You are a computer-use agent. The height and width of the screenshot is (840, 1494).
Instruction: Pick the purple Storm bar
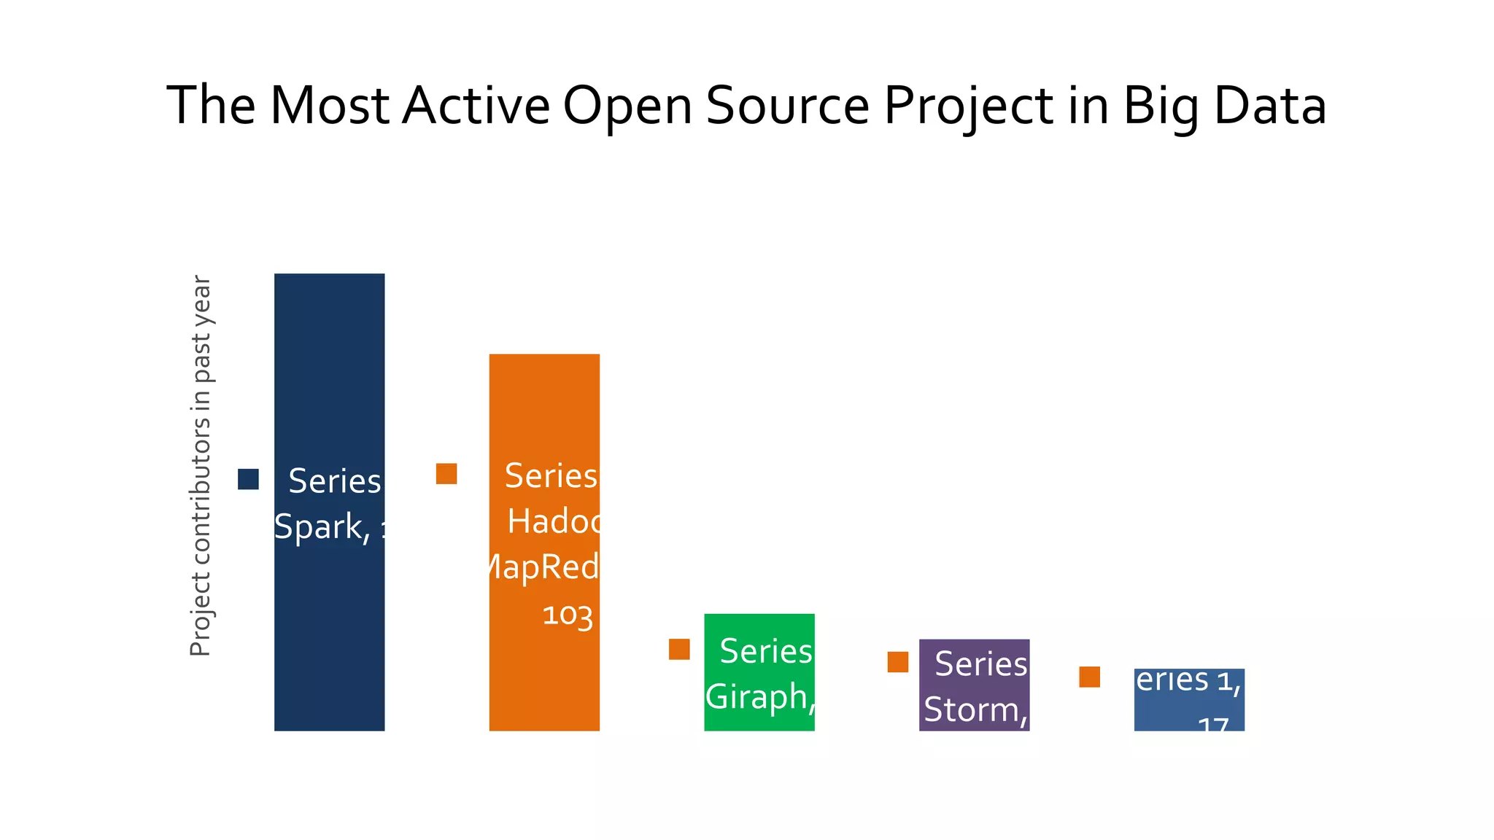[x=974, y=685]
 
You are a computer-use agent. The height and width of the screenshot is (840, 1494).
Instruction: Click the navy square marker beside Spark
[x=248, y=479]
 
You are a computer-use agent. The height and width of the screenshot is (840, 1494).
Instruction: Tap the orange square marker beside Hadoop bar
[x=446, y=474]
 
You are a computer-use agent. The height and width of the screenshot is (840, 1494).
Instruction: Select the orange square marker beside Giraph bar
[x=679, y=649]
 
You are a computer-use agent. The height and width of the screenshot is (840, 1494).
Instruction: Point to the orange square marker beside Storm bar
[x=898, y=662]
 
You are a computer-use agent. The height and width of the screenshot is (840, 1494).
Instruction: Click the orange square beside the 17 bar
[x=1090, y=677]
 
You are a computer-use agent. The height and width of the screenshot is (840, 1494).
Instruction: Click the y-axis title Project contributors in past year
[x=200, y=467]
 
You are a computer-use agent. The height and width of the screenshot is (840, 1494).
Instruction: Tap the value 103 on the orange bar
[x=568, y=615]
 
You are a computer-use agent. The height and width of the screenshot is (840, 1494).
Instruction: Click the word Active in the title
[x=476, y=106]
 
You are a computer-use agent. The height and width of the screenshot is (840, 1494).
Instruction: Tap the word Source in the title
[x=787, y=106]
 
